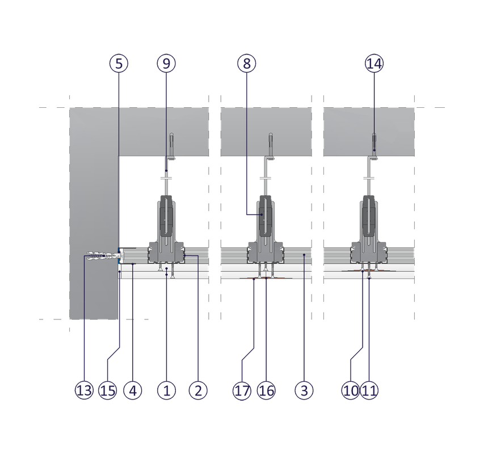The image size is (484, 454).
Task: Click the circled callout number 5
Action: pyautogui.click(x=119, y=63)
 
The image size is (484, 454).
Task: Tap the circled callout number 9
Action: pyautogui.click(x=166, y=63)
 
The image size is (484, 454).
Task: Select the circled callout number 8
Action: pyautogui.click(x=247, y=63)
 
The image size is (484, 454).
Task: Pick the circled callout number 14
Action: pyautogui.click(x=374, y=63)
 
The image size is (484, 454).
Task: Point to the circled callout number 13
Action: pyautogui.click(x=84, y=390)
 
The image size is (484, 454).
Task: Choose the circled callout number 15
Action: pyautogui.click(x=108, y=390)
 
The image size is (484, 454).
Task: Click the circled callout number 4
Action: pyautogui.click(x=133, y=390)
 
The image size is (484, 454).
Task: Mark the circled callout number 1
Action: pyautogui.click(x=167, y=390)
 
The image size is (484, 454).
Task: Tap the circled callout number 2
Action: pyautogui.click(x=198, y=390)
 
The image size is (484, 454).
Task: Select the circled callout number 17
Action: pyautogui.click(x=242, y=390)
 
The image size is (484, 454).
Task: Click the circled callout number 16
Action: pyautogui.click(x=266, y=390)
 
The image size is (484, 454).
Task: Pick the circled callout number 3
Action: pyautogui.click(x=304, y=390)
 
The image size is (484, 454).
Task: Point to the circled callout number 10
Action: pyautogui.click(x=351, y=390)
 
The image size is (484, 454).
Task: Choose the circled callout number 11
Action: pyautogui.click(x=369, y=390)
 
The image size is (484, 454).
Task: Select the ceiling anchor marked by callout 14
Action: pyautogui.click(x=374, y=145)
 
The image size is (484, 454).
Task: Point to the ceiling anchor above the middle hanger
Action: pyautogui.click(x=271, y=145)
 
